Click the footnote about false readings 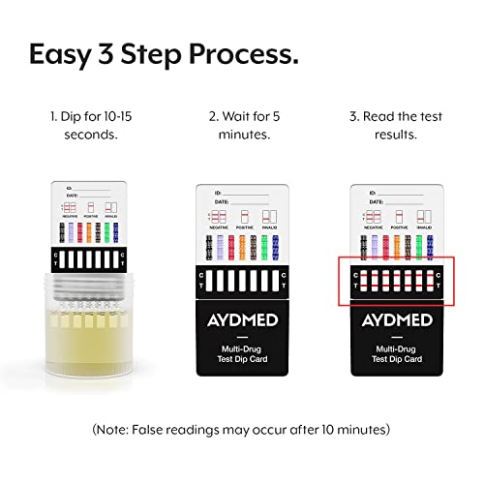242,427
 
